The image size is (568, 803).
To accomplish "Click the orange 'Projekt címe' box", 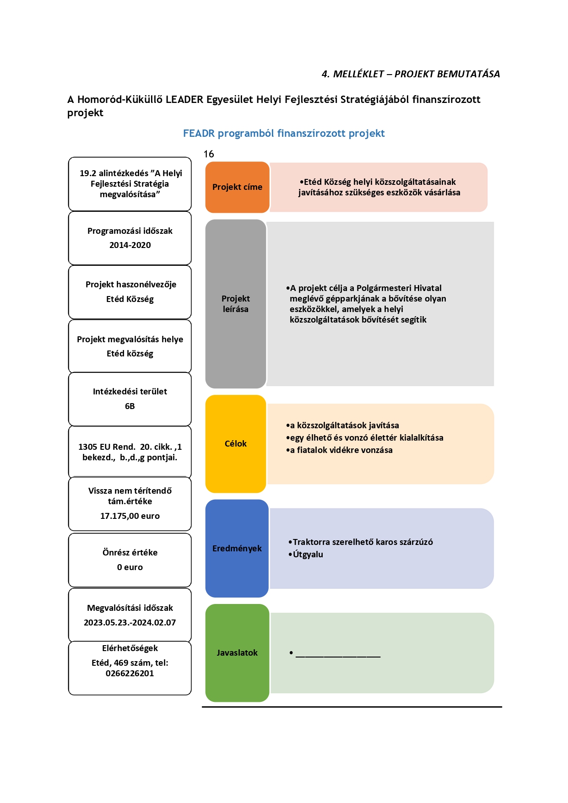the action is point(237,187).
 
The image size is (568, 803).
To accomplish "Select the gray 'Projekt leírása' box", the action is point(236,304).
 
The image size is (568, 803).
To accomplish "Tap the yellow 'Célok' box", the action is point(236,444).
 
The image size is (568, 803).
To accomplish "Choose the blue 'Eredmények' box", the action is point(237,548).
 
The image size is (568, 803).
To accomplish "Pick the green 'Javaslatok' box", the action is point(237,653).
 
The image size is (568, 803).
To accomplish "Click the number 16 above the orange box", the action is point(209,154).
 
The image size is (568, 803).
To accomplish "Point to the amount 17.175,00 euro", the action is point(130,516).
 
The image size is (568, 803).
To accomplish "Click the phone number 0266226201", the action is point(130,674).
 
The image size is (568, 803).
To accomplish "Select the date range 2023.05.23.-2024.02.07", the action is point(130,623).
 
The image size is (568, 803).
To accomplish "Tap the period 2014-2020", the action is point(130,245).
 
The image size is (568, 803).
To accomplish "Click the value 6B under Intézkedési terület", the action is point(130,406).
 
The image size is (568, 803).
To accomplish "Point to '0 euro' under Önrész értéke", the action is point(130,567).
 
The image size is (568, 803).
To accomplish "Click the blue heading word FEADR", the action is point(199,134).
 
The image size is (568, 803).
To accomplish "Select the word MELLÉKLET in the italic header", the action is point(358,74).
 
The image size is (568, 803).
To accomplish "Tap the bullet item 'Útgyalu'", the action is point(308,555).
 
